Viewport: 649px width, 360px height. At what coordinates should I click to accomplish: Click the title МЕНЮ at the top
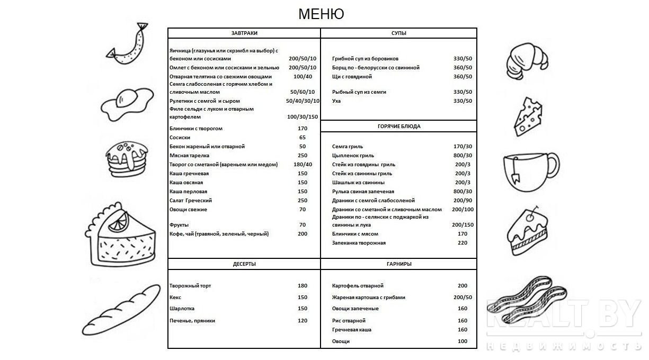[321, 14]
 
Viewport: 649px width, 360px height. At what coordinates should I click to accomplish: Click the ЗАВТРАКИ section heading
[244, 33]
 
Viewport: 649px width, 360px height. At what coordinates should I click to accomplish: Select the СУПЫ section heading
[398, 33]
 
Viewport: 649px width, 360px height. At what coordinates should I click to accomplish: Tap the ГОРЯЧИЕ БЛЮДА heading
[398, 127]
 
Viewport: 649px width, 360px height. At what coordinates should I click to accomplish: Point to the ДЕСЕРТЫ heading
[244, 264]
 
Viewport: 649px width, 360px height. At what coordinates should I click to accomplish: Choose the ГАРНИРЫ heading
[398, 264]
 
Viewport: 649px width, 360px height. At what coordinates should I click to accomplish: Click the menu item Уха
[336, 101]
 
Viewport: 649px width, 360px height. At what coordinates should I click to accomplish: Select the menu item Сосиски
[180, 138]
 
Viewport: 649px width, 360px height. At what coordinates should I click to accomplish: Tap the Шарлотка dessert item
[182, 309]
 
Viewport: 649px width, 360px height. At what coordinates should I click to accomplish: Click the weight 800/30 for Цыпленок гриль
[463, 156]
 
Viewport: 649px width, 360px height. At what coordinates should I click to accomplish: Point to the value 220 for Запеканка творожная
[463, 243]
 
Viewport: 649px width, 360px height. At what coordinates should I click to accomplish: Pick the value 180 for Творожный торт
[303, 286]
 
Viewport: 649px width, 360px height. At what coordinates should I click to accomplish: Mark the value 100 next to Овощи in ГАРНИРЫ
[463, 341]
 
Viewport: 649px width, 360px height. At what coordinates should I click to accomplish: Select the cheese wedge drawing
[528, 116]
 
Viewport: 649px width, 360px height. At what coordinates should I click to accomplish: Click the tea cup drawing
[530, 170]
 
